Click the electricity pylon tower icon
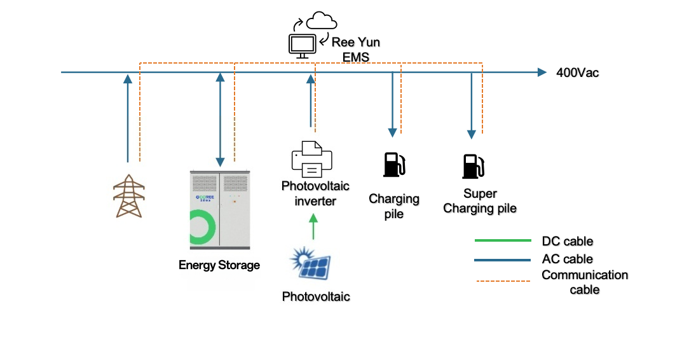point(128,196)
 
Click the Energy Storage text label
point(219,265)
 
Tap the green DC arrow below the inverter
point(313,226)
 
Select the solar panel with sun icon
point(312,265)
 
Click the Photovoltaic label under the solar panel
point(316,296)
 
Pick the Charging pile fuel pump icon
point(393,163)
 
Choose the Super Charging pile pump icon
point(472,165)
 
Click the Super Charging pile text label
point(479,201)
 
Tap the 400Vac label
point(577,73)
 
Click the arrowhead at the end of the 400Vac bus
point(542,73)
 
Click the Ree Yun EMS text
point(356,50)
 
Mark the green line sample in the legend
point(502,241)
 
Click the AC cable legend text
point(567,259)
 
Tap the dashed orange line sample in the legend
point(502,280)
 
